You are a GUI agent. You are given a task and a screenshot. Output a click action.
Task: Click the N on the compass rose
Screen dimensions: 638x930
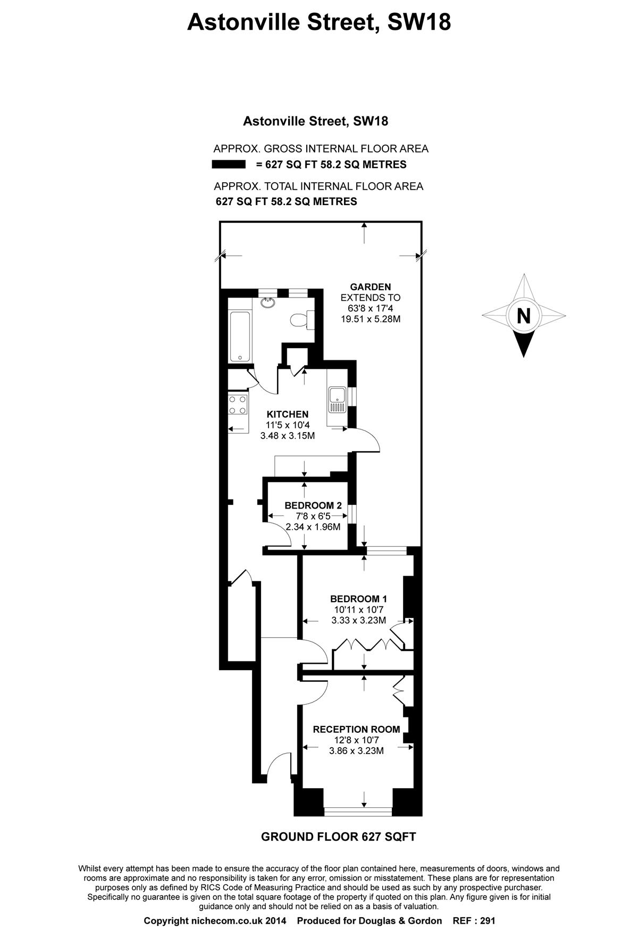point(524,316)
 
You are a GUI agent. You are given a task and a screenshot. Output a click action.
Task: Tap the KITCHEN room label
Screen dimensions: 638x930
point(288,415)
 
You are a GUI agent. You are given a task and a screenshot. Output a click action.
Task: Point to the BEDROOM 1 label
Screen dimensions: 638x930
point(359,599)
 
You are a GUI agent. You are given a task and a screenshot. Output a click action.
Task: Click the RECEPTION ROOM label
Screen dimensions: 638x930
point(357,730)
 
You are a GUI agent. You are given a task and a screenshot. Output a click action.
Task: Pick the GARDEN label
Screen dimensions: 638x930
point(371,287)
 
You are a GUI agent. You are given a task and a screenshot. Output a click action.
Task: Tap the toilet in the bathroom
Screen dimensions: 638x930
point(301,320)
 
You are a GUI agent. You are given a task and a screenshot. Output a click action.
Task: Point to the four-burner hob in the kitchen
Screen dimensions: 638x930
point(238,404)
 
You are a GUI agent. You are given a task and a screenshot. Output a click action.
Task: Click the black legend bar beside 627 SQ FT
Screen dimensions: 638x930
point(229,165)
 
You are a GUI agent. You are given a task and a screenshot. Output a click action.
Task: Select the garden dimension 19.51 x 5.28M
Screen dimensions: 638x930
point(371,319)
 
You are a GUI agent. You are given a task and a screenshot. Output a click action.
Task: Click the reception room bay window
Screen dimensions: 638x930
point(358,811)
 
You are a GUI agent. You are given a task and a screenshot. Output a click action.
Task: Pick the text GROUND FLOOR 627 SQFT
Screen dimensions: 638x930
point(339,837)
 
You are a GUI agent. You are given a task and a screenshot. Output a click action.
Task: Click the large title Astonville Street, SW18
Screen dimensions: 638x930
point(319,22)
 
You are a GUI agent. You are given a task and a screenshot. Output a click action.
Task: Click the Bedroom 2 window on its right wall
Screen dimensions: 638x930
point(351,515)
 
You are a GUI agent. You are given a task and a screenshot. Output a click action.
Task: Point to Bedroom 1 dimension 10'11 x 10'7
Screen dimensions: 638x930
point(359,610)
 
